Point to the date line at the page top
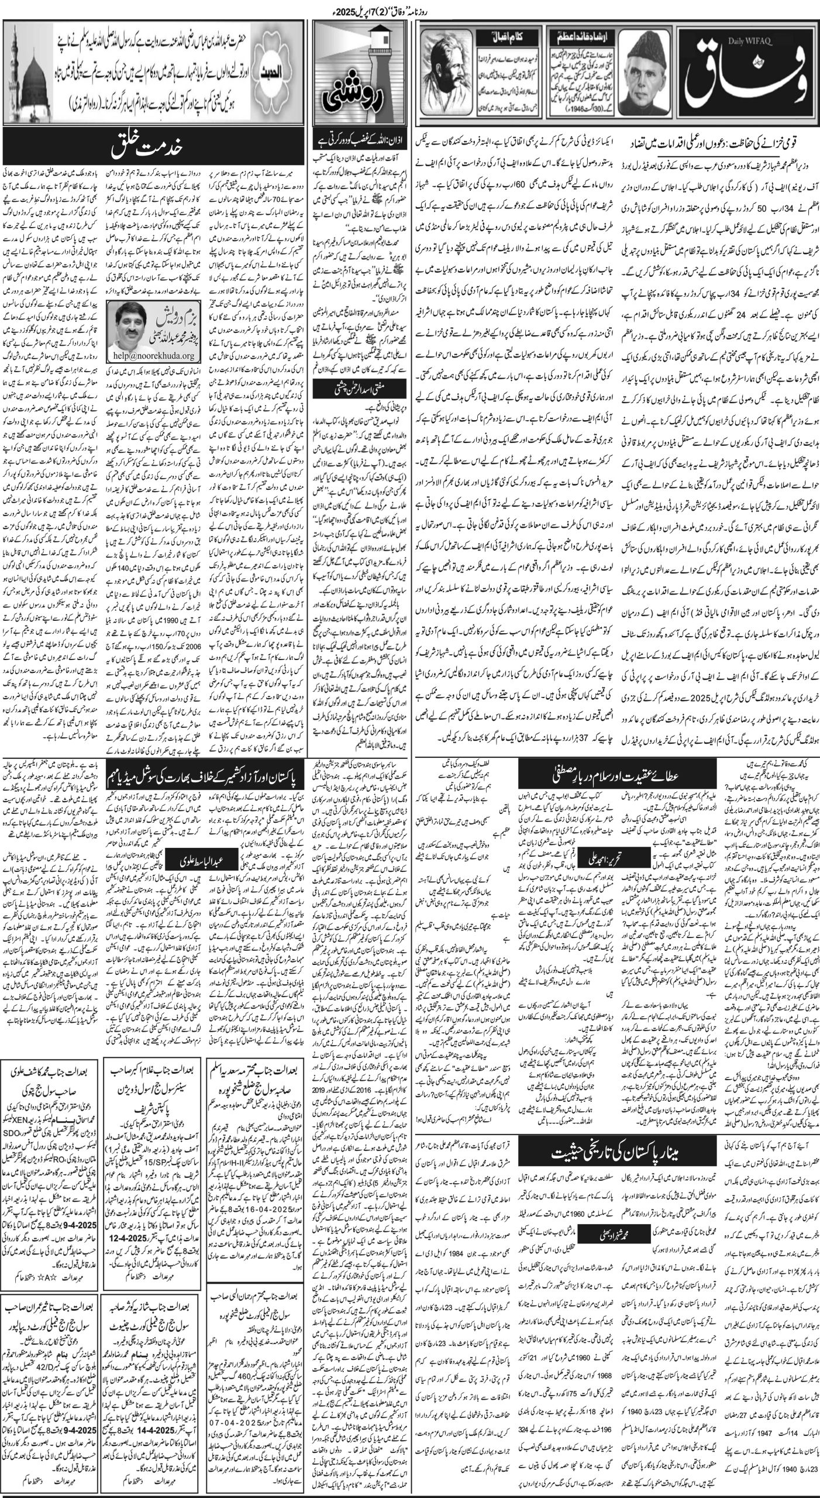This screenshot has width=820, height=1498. pos(409,8)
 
